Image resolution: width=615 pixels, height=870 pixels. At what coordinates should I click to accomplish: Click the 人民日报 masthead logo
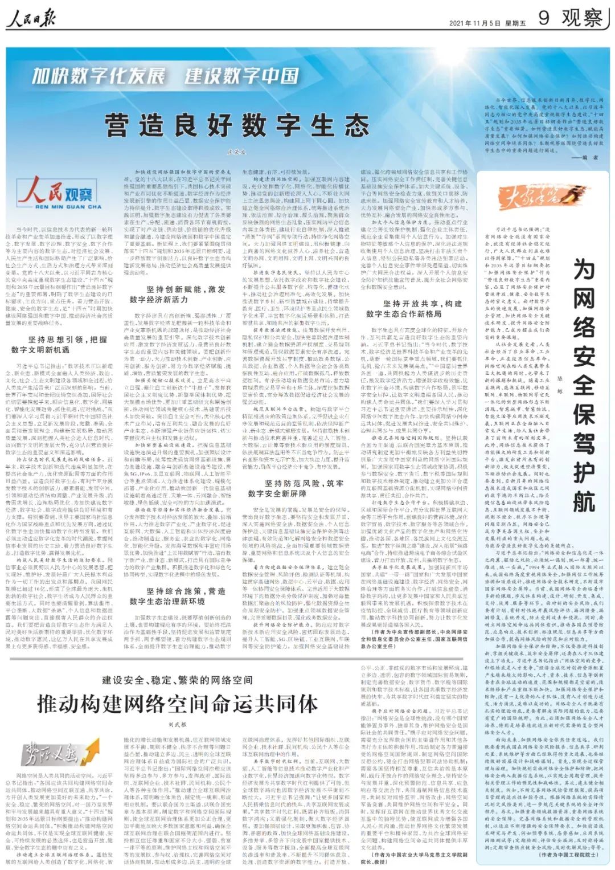tap(31, 19)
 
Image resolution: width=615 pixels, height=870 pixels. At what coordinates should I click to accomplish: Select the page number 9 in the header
tap(544, 18)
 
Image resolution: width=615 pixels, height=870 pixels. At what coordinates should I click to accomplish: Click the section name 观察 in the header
tap(582, 18)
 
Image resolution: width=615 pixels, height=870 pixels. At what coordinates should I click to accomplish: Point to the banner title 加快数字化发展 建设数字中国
tap(165, 76)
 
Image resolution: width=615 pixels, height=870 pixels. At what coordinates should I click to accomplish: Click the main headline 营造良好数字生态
tap(237, 125)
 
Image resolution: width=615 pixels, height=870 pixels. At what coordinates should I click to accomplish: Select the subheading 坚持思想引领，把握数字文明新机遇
tap(59, 345)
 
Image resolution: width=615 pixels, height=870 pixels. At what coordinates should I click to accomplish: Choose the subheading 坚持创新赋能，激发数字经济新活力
tap(178, 294)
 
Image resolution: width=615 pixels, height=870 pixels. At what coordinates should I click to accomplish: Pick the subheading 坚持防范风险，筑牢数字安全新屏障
tap(296, 488)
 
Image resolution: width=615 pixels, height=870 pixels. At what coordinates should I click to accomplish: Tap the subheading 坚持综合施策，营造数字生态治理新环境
tap(178, 596)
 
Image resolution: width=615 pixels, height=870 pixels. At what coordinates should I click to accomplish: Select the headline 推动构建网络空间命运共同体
tap(178, 704)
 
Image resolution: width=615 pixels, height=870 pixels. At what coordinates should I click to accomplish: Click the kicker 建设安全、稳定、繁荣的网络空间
tap(177, 680)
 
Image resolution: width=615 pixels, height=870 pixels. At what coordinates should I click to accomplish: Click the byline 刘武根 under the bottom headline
tap(177, 725)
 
